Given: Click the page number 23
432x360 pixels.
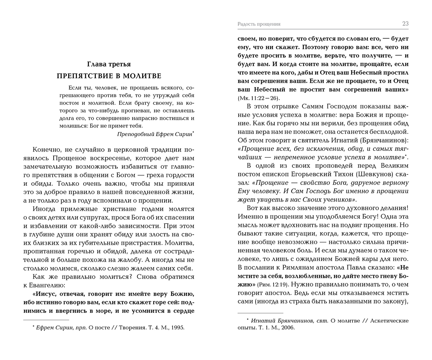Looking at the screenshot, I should pyautogui.click(x=405, y=24).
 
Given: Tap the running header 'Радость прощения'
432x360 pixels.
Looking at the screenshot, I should pyautogui.click(x=259, y=24).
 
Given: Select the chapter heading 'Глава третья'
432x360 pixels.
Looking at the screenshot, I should pyautogui.click(x=109, y=64).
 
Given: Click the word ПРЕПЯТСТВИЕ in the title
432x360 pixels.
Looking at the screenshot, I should pyautogui.click(x=84, y=76).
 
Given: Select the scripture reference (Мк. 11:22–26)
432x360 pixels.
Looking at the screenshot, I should pyautogui.click(x=258, y=98).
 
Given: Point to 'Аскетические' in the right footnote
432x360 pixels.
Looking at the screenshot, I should pyautogui.click(x=390, y=320).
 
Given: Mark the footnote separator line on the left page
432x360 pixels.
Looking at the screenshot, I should pyautogui.click(x=46, y=320).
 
